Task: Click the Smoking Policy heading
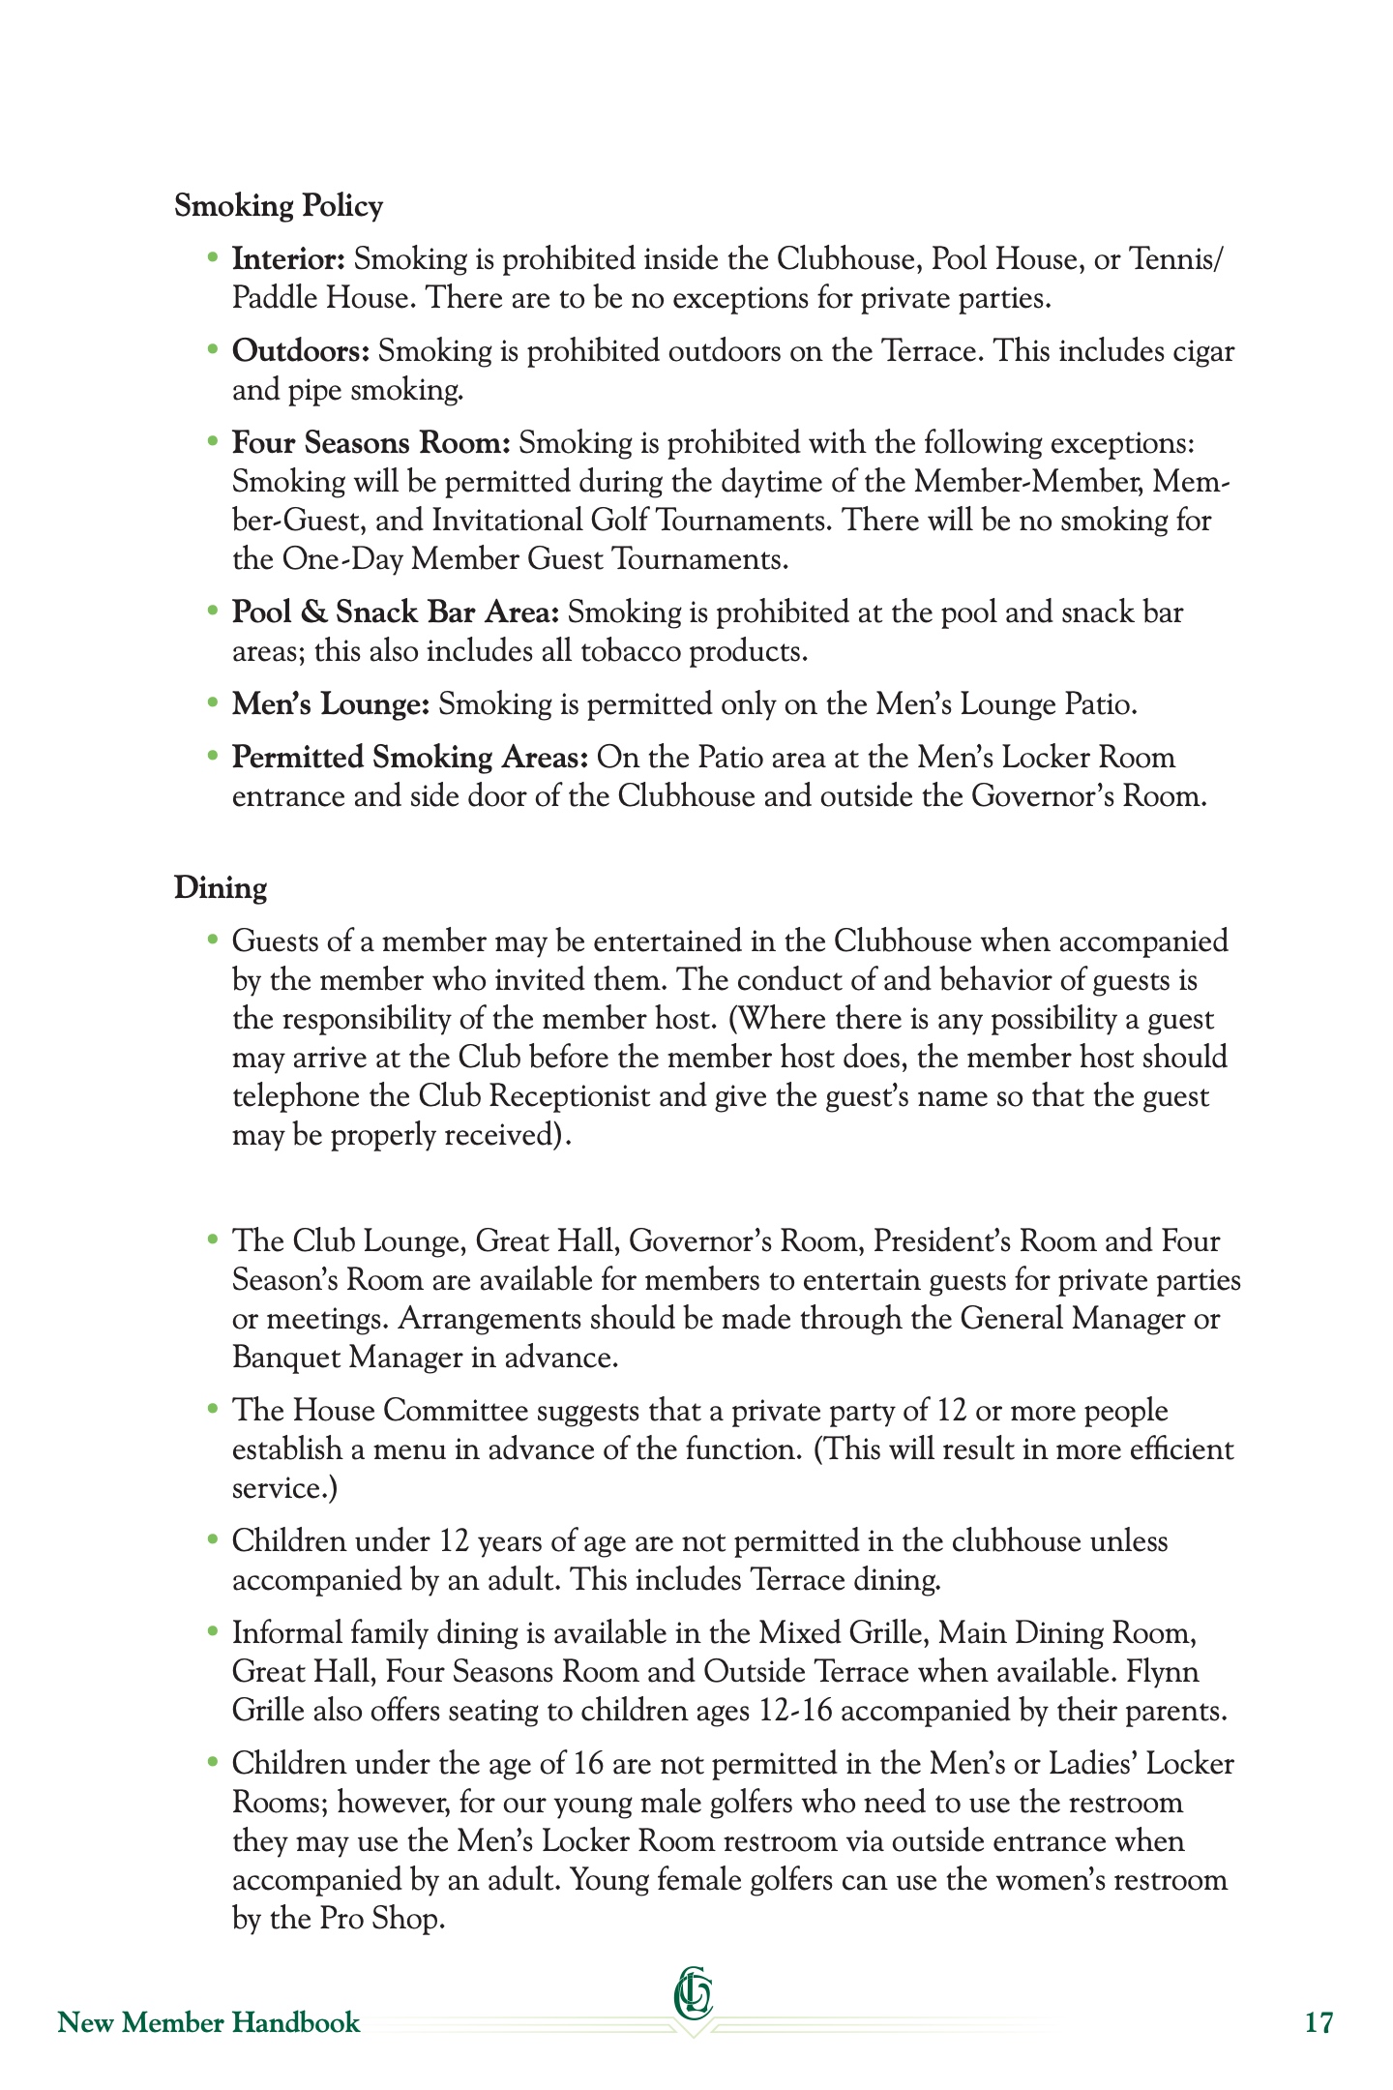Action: [279, 206]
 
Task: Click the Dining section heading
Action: [221, 887]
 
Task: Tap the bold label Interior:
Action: [288, 259]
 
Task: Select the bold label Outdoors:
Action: [301, 351]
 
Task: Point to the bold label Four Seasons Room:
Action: [370, 443]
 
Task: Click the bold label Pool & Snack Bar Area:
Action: [396, 612]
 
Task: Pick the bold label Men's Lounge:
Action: [330, 704]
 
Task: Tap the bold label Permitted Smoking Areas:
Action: [410, 758]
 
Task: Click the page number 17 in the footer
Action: [1319, 2023]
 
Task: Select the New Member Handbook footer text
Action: [209, 2023]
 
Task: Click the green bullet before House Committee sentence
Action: [214, 1409]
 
